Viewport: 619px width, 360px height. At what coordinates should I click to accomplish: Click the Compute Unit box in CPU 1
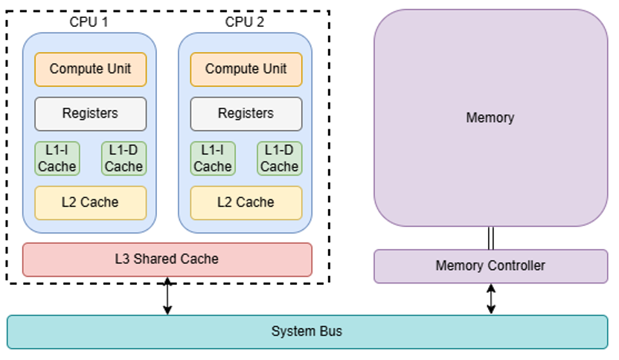click(x=90, y=69)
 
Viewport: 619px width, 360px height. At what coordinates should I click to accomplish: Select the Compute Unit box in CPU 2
click(x=246, y=69)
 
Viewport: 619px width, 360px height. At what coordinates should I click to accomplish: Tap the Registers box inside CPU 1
click(x=90, y=114)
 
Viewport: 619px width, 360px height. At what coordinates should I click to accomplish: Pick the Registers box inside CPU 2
click(x=246, y=114)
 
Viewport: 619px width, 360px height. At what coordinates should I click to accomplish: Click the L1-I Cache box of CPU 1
click(x=57, y=158)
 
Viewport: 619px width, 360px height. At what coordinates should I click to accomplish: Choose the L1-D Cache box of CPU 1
click(x=124, y=158)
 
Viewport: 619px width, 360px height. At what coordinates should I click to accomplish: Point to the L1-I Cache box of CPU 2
click(x=213, y=158)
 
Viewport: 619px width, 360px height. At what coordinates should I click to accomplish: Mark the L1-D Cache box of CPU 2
click(x=280, y=158)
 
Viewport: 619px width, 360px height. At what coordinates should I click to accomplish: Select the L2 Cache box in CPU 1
click(x=90, y=202)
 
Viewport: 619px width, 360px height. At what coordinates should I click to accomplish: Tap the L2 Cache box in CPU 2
click(x=246, y=202)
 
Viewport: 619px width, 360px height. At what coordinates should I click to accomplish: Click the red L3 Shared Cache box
click(x=167, y=259)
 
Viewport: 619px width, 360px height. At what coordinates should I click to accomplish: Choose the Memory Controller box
click(x=490, y=266)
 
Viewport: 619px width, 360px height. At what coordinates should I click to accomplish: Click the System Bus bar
click(x=307, y=332)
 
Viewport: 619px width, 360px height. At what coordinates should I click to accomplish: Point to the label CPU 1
click(x=88, y=22)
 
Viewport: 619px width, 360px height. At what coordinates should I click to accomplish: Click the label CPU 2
click(x=246, y=22)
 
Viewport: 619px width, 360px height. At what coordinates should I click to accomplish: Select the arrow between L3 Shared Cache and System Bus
click(x=167, y=295)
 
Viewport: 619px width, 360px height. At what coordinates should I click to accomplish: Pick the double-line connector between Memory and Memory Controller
click(x=490, y=238)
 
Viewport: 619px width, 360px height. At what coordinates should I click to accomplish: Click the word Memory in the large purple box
click(x=490, y=118)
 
